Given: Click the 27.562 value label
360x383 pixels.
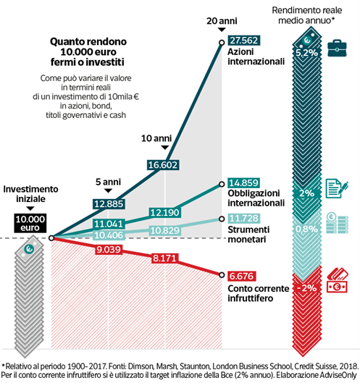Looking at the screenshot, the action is [243, 41].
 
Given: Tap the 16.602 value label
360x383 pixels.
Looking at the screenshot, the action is [163, 165].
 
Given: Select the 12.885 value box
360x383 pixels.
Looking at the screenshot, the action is [109, 203].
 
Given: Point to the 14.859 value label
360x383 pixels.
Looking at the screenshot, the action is [243, 182].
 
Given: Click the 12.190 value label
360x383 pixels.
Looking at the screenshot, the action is [164, 213].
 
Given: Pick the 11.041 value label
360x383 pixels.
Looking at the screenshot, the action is [109, 224].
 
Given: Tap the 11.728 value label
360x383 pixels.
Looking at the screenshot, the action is [243, 218].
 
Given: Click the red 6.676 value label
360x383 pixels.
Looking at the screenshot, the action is [242, 277].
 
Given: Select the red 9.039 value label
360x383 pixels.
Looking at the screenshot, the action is [109, 249].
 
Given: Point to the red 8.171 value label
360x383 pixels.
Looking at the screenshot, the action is [164, 258].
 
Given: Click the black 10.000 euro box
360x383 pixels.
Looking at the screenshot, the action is [30, 223].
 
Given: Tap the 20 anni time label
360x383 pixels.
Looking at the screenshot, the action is [222, 21].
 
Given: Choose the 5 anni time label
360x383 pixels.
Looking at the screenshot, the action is [108, 182].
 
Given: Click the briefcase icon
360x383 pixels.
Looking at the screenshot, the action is [337, 48].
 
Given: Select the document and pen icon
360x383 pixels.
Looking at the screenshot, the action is [337, 189].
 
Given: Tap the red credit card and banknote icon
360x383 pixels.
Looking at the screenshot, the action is [338, 280].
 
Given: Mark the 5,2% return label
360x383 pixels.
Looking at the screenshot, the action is [306, 53].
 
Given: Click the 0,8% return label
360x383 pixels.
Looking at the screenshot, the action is [306, 229].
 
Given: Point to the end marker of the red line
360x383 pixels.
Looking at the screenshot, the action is [222, 275].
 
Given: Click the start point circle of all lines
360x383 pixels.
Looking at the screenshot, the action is [51, 238].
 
